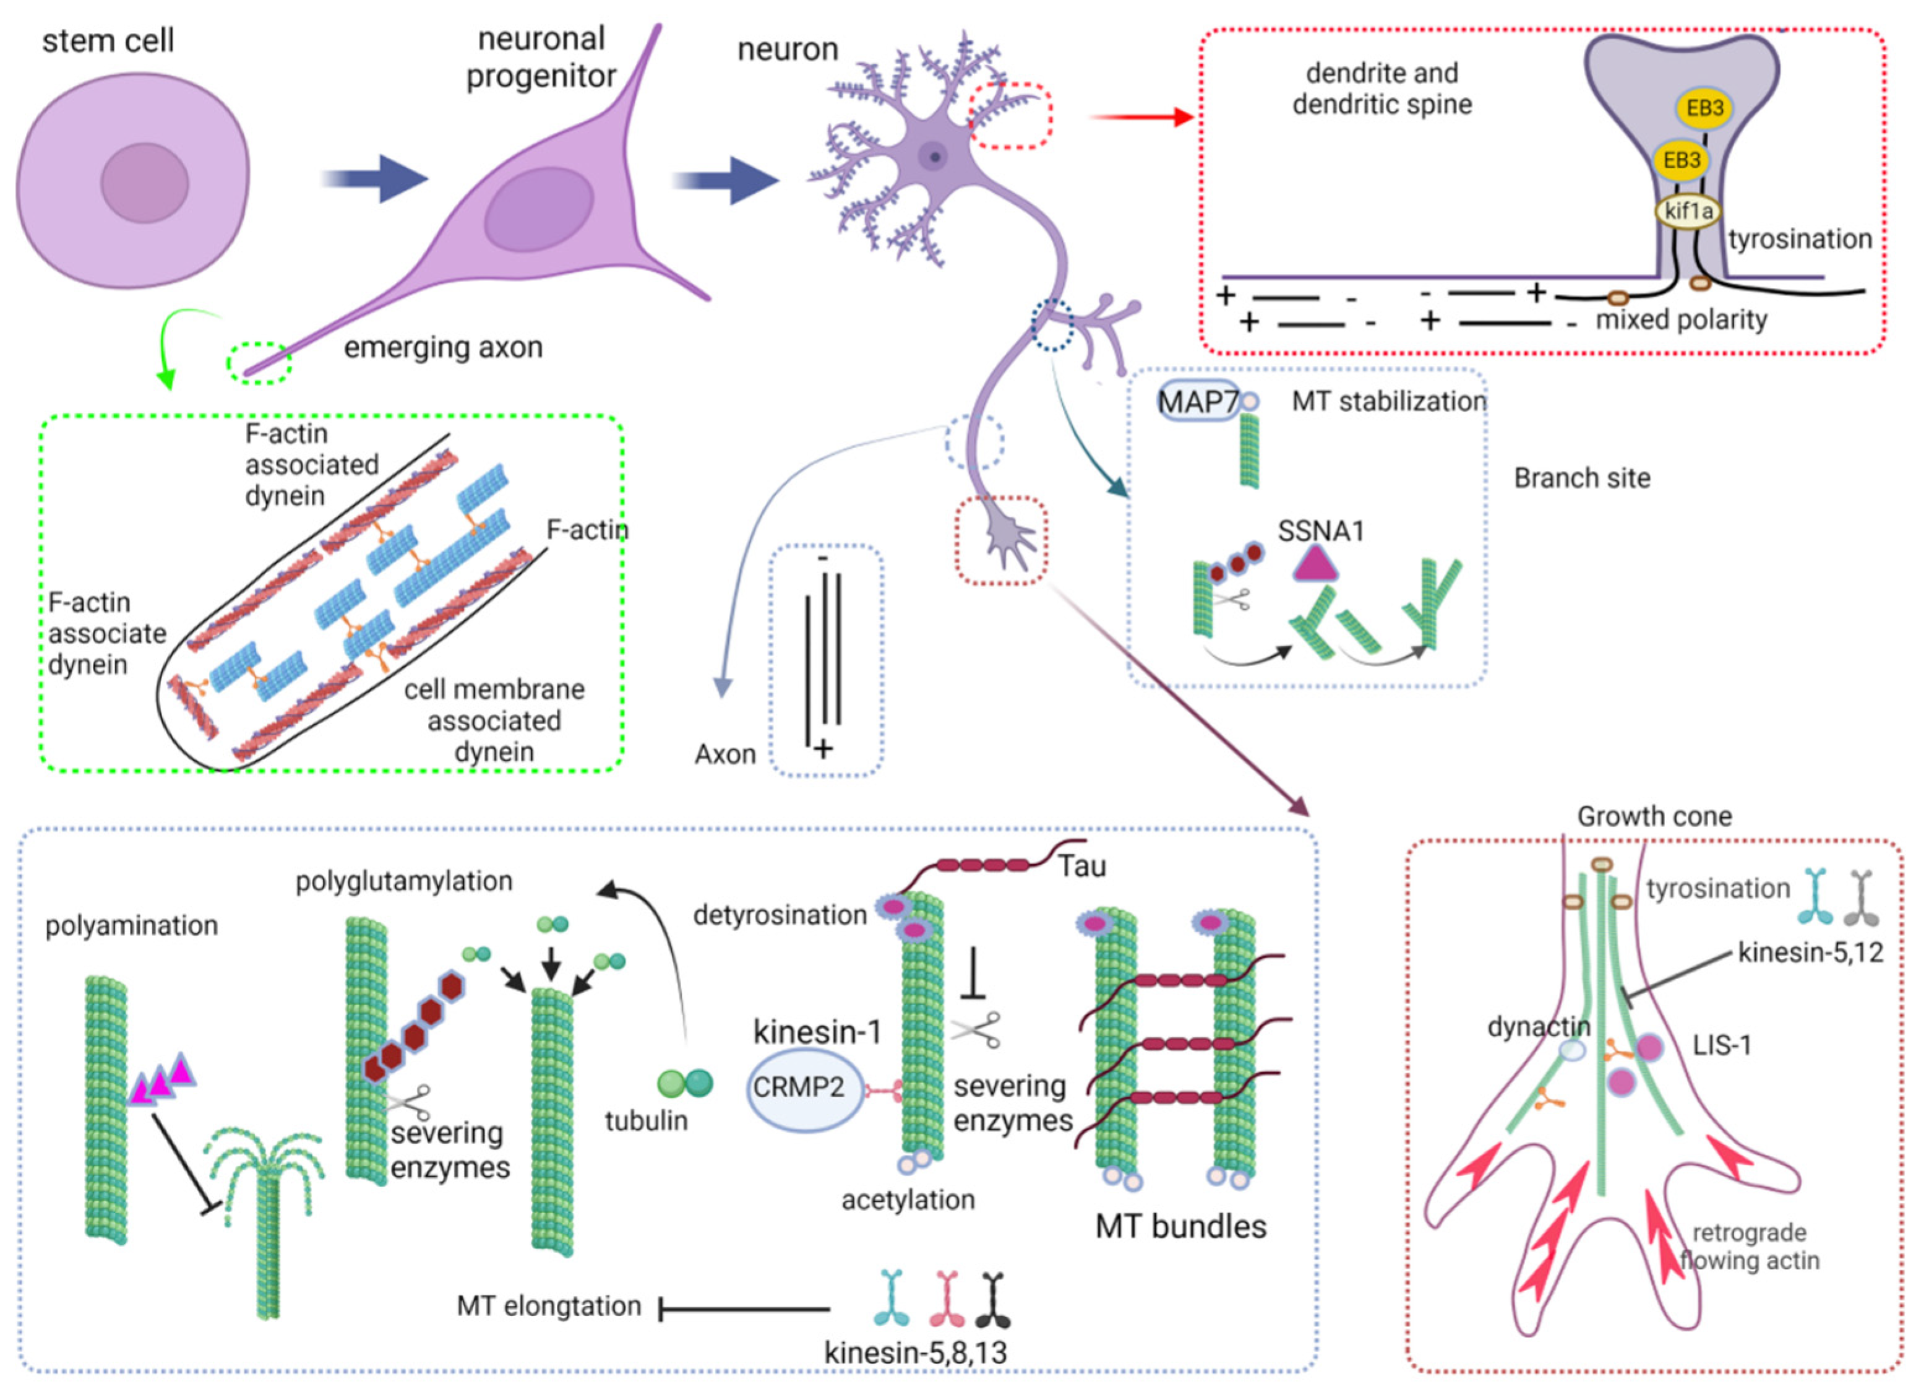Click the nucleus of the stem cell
(145, 182)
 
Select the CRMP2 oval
(799, 1087)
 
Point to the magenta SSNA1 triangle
(1315, 563)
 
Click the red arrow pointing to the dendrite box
(1141, 117)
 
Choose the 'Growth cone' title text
(1654, 816)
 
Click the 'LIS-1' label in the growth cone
(1722, 1045)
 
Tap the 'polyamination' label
(131, 926)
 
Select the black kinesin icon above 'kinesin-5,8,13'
(993, 1298)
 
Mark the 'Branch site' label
(1582, 478)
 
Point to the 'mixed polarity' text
(1682, 319)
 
